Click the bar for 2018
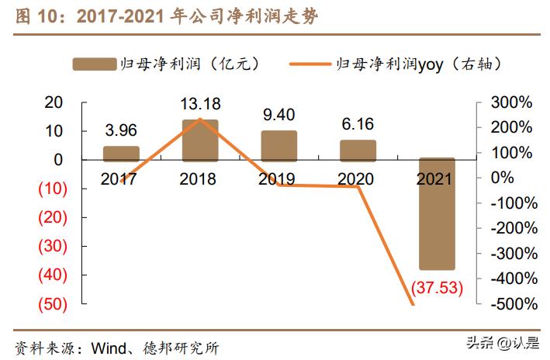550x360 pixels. (200, 140)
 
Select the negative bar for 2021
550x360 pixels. (437, 213)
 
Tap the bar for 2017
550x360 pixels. (121, 153)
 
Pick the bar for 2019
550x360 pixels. (278, 145)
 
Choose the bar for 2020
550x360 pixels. (358, 150)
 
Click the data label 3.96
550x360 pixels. (121, 130)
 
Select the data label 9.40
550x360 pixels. (279, 115)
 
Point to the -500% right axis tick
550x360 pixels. (511, 303)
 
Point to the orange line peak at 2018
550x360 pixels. (200, 119)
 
